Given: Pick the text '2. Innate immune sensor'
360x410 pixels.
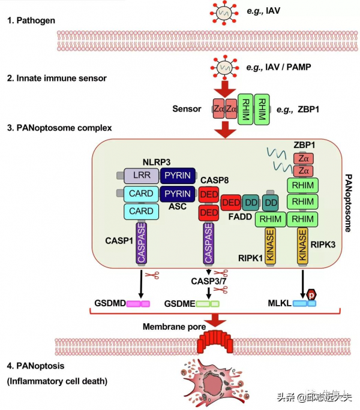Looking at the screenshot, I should point(56,79).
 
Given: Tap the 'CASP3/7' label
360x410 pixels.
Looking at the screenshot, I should point(208,281).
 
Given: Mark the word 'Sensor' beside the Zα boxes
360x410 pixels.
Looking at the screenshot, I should point(187,109).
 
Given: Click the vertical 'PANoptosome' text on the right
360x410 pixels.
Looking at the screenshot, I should point(348,204).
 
